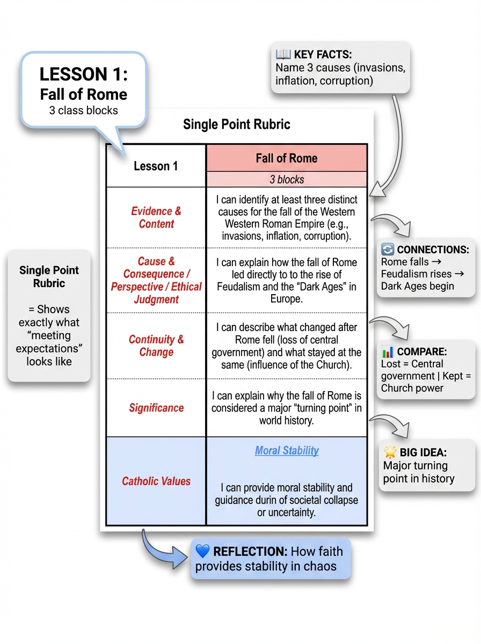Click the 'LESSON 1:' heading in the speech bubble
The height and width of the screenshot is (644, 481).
click(84, 74)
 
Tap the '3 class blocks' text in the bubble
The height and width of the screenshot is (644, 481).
click(83, 111)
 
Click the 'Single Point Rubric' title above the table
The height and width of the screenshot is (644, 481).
click(237, 125)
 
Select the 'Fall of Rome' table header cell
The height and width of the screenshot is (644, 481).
click(287, 158)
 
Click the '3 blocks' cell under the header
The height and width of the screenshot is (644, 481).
click(287, 180)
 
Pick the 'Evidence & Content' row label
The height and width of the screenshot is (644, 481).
click(156, 217)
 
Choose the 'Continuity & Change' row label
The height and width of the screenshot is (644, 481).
click(156, 346)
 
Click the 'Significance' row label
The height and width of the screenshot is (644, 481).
click(156, 408)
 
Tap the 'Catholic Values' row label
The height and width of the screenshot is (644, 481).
click(156, 481)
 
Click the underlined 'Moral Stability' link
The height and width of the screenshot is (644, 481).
click(287, 451)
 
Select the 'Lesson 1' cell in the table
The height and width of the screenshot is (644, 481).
click(156, 166)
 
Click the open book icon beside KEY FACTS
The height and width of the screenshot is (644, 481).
click(283, 54)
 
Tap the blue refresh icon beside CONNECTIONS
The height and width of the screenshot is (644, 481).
click(388, 250)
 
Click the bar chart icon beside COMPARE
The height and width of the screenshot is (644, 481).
click(388, 352)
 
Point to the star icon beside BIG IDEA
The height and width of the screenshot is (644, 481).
click(390, 452)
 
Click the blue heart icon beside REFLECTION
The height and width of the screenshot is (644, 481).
click(202, 551)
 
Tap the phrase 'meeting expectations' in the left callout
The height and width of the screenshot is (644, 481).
click(49, 342)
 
